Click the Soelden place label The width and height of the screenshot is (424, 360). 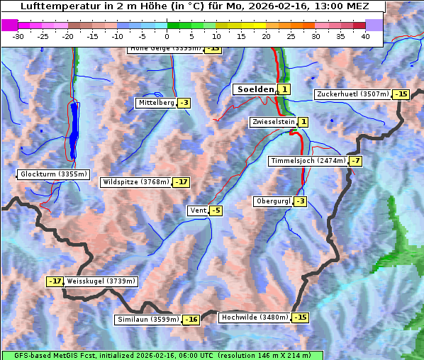[x=255, y=89]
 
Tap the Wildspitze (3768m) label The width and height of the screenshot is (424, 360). [x=136, y=182]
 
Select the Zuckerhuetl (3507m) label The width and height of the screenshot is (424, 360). [x=353, y=94]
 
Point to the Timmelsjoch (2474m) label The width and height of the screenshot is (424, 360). [x=308, y=161]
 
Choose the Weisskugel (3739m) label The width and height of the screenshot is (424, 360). [x=101, y=281]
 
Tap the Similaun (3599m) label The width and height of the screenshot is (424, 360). [x=147, y=320]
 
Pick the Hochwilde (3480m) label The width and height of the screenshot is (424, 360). [x=255, y=317]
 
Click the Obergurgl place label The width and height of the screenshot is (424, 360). [x=273, y=201]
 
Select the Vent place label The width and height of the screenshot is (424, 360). [x=198, y=210]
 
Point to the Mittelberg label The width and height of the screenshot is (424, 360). [x=156, y=103]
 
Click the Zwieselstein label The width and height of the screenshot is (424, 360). [x=273, y=122]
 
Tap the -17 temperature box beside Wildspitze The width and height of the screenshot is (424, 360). [x=182, y=182]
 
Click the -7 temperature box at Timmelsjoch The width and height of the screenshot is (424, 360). [x=355, y=161]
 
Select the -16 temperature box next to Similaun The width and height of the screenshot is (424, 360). [x=191, y=320]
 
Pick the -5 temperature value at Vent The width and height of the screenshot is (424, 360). [x=216, y=210]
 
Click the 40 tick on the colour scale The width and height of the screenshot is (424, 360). [x=365, y=35]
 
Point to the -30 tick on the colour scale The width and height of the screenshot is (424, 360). [x=18, y=35]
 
